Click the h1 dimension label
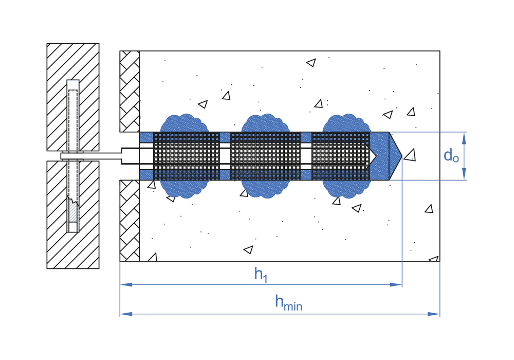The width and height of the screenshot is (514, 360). pyautogui.click(x=261, y=275)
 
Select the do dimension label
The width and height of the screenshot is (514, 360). pyautogui.click(x=451, y=156)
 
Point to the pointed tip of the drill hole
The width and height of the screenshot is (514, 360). pyautogui.click(x=401, y=156)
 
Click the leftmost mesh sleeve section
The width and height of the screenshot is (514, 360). pyautogui.click(x=187, y=156)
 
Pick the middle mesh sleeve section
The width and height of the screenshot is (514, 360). pyautogui.click(x=265, y=156)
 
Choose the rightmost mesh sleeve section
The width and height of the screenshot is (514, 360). pyautogui.click(x=341, y=156)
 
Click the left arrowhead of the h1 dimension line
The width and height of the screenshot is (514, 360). pyautogui.click(x=124, y=284)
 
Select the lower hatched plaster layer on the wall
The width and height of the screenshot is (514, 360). pyautogui.click(x=130, y=220)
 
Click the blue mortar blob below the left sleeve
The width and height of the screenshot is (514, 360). pyautogui.click(x=185, y=189)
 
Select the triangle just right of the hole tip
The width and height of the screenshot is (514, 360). pyautogui.click(x=410, y=155)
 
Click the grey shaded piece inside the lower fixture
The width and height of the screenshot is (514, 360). pyautogui.click(x=72, y=211)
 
